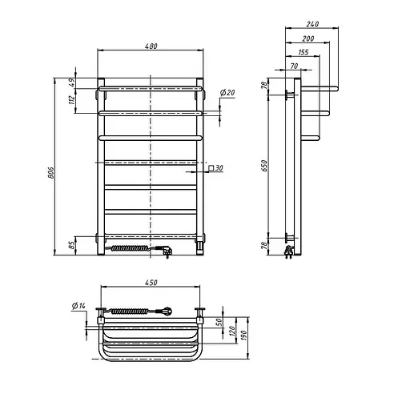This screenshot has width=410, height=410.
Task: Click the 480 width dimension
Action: (151, 45)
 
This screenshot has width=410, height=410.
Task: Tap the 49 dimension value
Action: (70, 82)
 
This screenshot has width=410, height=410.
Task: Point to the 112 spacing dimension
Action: (70, 100)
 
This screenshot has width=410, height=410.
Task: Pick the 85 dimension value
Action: (70, 244)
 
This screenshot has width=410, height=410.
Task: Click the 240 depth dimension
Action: (312, 24)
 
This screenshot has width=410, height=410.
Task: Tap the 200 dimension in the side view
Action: (308, 38)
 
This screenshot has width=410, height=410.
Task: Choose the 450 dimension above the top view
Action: (151, 282)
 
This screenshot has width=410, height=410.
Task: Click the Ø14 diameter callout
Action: (78, 307)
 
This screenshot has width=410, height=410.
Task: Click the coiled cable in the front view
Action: (136, 249)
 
